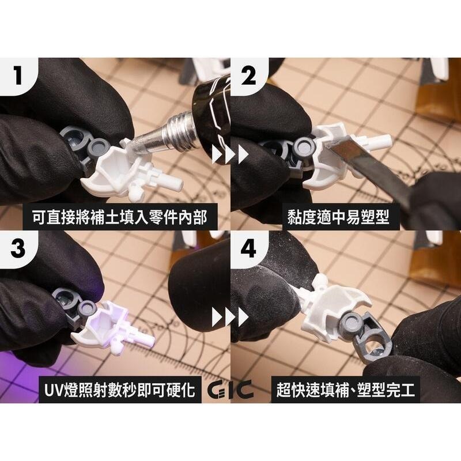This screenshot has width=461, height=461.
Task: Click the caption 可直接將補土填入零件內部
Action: pos(116,217)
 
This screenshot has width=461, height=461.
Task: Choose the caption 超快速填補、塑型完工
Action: pos(346,390)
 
